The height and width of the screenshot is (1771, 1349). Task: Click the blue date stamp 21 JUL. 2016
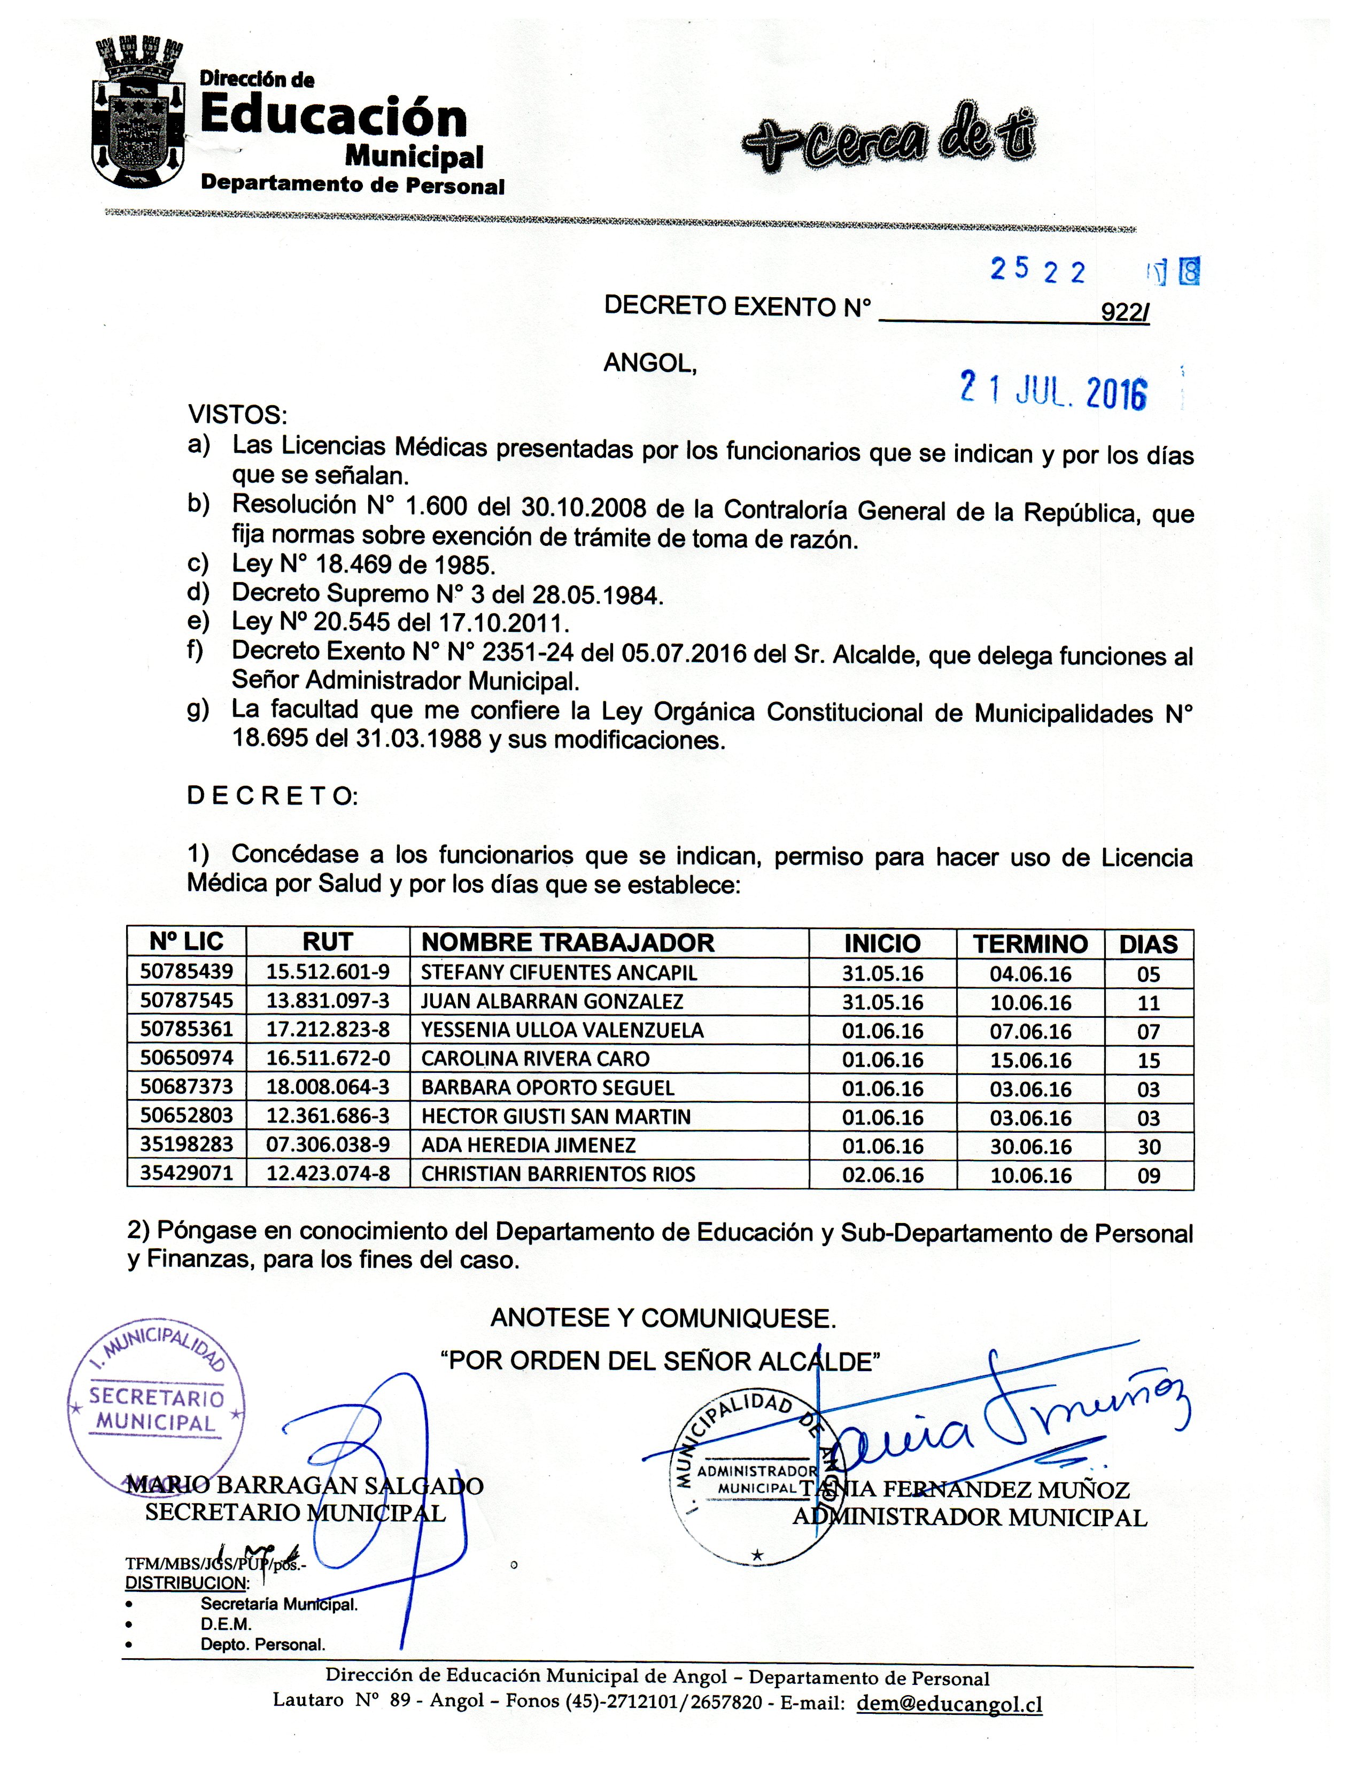1053,391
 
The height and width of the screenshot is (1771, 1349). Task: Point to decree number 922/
1124,312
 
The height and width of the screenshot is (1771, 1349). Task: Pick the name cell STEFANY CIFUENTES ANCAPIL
559,973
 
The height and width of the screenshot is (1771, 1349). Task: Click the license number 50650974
187,1058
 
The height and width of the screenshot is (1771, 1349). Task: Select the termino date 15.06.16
1030,1060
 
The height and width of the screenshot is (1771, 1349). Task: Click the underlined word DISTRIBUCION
187,1582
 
